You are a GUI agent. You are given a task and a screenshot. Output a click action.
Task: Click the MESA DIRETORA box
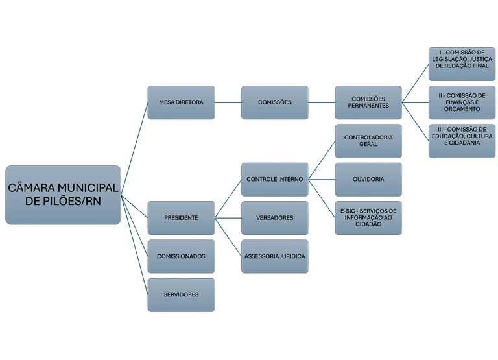point(181,102)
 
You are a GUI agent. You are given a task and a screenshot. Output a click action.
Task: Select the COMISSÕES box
point(275,102)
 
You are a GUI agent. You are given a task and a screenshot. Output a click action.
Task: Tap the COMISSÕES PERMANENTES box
point(368,102)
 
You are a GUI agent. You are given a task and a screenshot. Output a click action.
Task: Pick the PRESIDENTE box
point(181,218)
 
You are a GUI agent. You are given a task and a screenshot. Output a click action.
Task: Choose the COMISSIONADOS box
point(181,256)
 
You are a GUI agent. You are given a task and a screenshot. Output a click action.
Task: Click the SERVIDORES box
point(181,295)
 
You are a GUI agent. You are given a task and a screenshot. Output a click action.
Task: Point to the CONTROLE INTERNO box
point(275,180)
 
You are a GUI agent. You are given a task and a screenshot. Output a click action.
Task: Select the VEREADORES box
point(275,218)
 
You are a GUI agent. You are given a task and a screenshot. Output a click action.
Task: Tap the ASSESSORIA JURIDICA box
point(275,256)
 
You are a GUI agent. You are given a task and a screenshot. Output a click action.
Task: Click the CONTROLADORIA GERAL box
point(368,141)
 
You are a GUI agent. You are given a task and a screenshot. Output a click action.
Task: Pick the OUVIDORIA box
point(368,180)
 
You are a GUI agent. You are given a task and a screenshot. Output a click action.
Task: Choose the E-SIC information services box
point(368,218)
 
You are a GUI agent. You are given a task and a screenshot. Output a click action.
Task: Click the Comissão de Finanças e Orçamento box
point(462,102)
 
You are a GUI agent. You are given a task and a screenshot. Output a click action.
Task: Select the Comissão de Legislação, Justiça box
point(462,64)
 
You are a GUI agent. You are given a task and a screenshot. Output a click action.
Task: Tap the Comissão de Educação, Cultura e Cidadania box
point(462,141)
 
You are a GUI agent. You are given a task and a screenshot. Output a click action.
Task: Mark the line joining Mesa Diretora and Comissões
point(228,102)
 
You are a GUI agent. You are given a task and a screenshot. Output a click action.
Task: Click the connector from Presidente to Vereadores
point(228,218)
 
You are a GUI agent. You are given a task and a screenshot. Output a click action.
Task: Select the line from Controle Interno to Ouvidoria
point(322,180)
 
